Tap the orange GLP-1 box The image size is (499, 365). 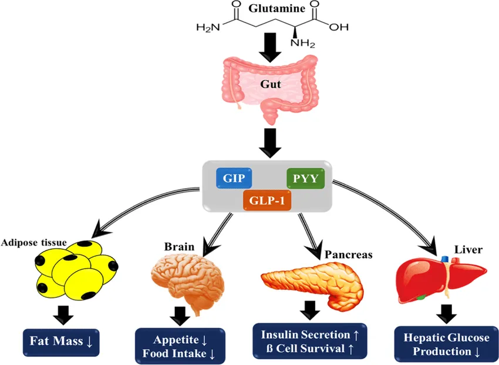point(267,200)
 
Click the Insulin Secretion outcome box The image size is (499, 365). point(310,340)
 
